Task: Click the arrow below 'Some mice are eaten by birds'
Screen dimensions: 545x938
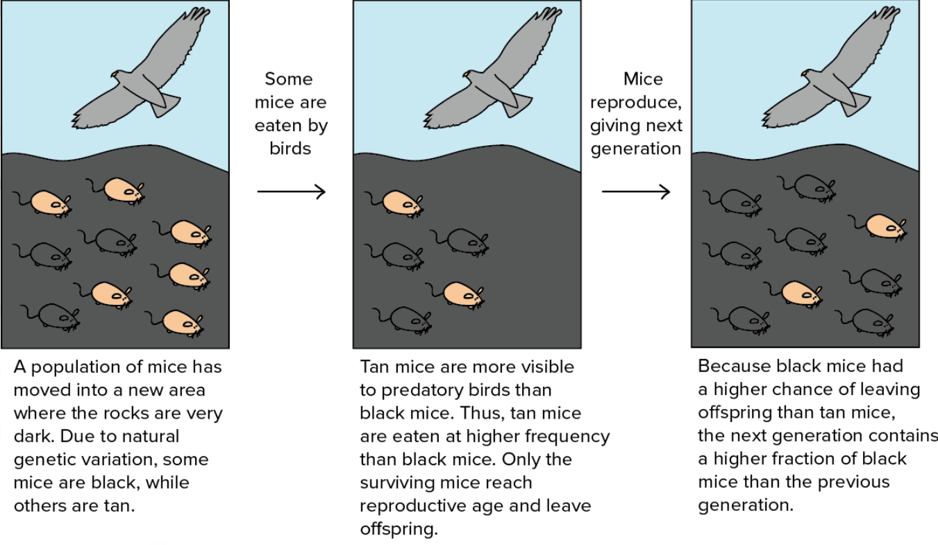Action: click(291, 191)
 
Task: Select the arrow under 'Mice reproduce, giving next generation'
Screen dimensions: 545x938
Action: click(635, 191)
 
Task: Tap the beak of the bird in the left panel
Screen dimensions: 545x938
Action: click(113, 75)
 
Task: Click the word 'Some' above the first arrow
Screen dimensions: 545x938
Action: click(289, 79)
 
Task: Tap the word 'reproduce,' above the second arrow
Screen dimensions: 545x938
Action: click(635, 103)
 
